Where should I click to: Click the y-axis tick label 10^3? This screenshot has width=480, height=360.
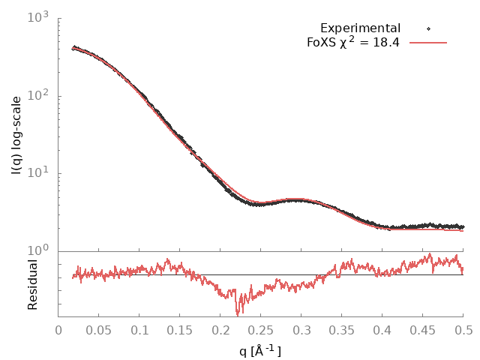click(39, 17)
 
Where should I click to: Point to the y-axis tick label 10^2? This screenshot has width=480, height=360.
click(39, 95)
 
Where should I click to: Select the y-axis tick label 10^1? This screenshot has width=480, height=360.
click(39, 173)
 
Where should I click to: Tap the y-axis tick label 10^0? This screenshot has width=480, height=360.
click(39, 250)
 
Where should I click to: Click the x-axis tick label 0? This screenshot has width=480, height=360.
click(58, 328)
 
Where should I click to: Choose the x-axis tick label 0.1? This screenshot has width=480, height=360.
click(139, 328)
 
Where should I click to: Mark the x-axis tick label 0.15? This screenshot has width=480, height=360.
click(180, 328)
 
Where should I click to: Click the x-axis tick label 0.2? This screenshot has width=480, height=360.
click(220, 328)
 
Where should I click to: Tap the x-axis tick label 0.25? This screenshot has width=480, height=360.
click(261, 328)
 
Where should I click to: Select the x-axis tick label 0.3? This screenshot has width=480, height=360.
click(301, 328)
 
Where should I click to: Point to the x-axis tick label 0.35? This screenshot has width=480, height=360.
click(342, 328)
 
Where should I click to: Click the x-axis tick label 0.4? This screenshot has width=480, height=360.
click(382, 328)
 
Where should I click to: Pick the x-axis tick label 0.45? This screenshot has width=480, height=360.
click(423, 328)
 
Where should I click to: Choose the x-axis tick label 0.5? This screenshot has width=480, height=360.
click(463, 328)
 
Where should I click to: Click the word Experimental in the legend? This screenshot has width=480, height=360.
click(360, 28)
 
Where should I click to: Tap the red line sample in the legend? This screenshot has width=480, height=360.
click(427, 42)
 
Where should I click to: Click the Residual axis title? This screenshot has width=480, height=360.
click(32, 284)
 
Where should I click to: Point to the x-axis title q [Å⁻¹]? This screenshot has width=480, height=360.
click(260, 349)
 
